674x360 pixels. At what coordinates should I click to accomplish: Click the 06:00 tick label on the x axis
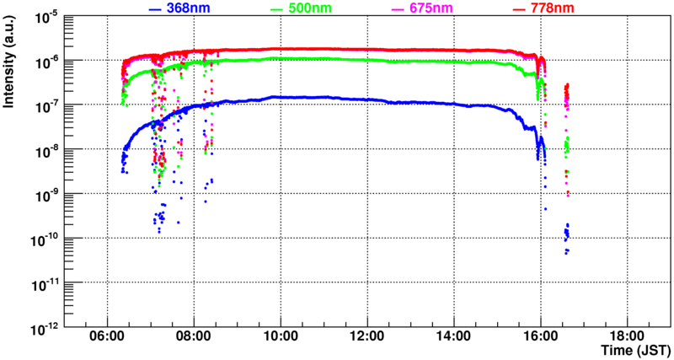[x=107, y=336]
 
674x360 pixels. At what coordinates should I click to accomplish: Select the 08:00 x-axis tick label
[x=194, y=336]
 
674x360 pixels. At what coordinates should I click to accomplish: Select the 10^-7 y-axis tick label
[x=45, y=105]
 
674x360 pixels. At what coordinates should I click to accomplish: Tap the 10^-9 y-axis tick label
[x=45, y=193]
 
